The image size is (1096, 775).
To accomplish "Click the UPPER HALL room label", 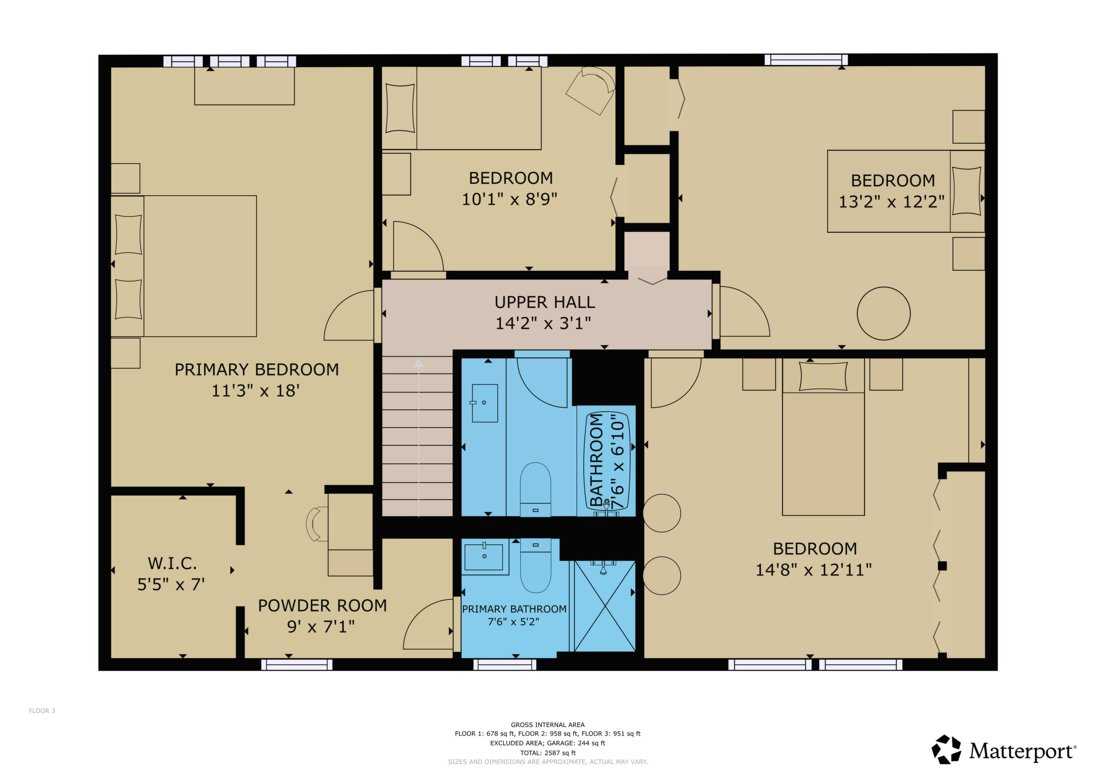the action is (x=544, y=302).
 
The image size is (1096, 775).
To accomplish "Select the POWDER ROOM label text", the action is (x=322, y=606).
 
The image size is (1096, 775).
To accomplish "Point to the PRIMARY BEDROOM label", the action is (x=257, y=369).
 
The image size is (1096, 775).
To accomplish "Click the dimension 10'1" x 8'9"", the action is (x=509, y=199).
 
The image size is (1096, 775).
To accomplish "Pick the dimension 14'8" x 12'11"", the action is (x=814, y=570).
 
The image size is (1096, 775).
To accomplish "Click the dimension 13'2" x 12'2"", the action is (x=892, y=202).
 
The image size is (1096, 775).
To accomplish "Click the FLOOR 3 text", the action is (x=42, y=710).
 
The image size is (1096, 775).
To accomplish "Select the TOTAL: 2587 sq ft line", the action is (x=548, y=753).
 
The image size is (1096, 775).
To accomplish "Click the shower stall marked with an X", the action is (x=605, y=606).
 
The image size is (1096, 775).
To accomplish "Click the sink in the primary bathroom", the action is (x=484, y=556).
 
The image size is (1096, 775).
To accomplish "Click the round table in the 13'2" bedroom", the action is (x=883, y=314).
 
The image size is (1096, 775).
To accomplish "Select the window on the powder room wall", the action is (x=297, y=665).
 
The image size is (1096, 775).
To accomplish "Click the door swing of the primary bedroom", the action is (x=349, y=315).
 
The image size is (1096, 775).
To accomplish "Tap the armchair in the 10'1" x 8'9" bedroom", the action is (x=591, y=90).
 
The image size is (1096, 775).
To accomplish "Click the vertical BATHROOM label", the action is (x=597, y=460).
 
